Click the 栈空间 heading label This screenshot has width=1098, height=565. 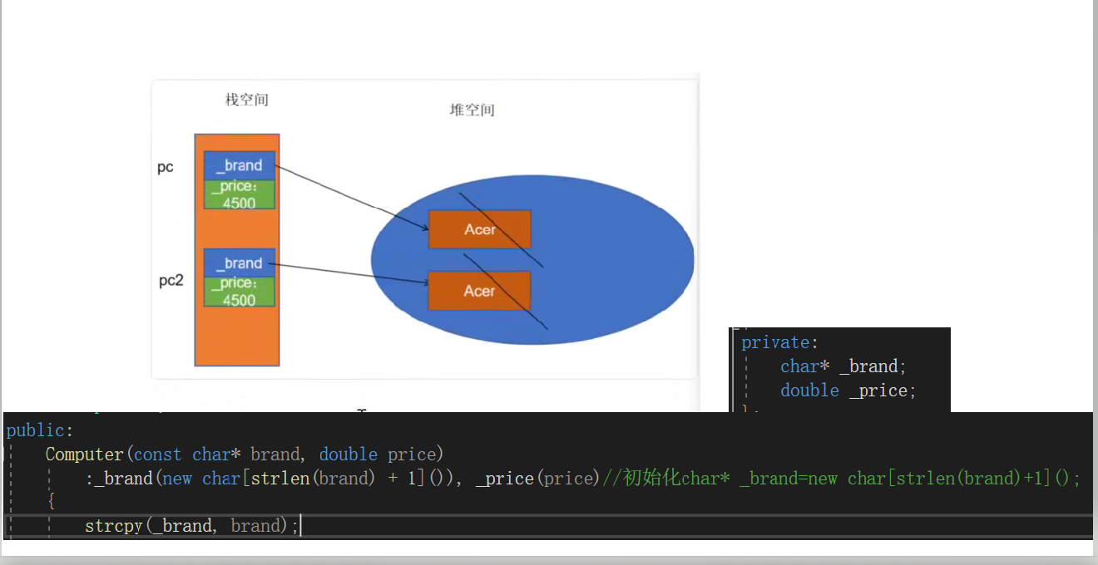pos(246,100)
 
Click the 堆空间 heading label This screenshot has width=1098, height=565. pos(472,110)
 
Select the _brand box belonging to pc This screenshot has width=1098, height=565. pos(240,165)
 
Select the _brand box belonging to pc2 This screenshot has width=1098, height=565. pos(240,263)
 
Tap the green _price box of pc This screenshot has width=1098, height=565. pos(240,194)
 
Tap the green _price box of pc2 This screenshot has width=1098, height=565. pos(240,292)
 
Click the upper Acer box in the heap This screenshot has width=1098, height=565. pos(479,229)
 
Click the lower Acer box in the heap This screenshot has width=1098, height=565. pos(479,291)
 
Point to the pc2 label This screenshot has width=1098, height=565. pos(171,281)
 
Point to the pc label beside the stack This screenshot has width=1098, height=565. pos(166,168)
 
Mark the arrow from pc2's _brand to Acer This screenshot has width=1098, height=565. pos(349,273)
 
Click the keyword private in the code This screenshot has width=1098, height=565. pos(774,342)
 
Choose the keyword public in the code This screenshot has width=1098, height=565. pos(37,430)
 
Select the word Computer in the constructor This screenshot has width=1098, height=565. pos(84,454)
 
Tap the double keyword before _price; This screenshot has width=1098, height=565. pos(809,391)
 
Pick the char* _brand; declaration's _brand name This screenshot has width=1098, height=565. pos(868,366)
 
